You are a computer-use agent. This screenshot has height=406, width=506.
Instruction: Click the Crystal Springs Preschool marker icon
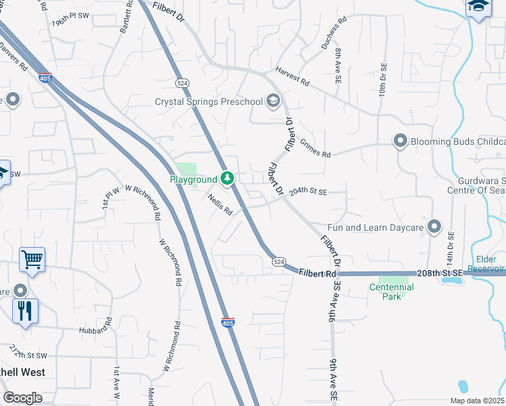(x=273, y=101)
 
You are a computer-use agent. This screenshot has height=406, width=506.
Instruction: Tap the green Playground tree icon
(x=228, y=179)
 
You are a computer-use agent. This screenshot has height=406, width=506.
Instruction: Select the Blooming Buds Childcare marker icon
(x=400, y=141)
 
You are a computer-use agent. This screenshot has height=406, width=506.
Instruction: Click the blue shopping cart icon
(x=32, y=259)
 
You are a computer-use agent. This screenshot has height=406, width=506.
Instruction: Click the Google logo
(x=22, y=398)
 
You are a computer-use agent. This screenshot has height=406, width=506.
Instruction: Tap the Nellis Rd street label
(x=221, y=205)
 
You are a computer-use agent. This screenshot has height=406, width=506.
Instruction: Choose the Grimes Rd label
(x=315, y=149)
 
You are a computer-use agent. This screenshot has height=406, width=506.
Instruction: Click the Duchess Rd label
(x=333, y=31)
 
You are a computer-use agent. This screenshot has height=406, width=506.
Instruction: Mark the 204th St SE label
(x=308, y=192)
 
